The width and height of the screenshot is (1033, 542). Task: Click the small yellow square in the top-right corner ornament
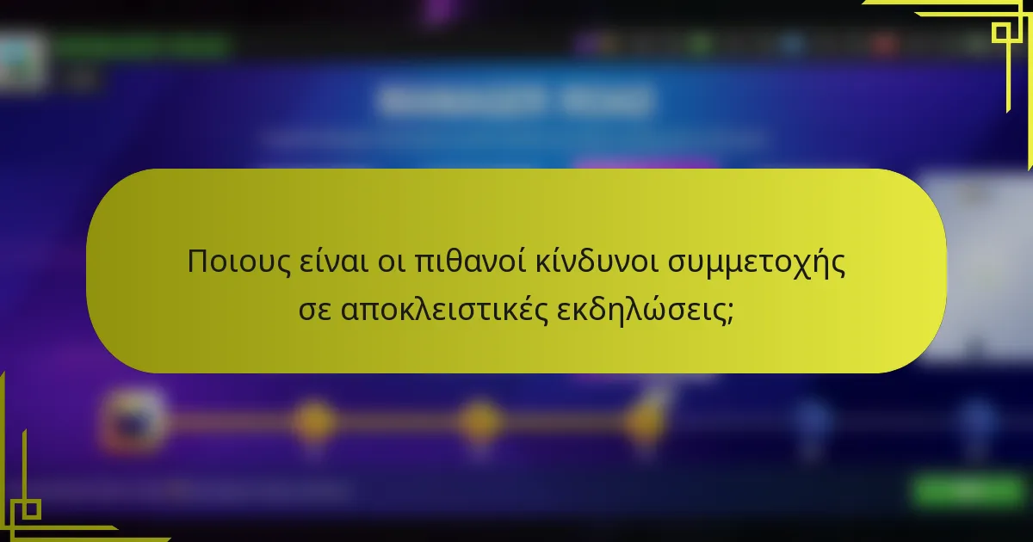pyautogui.click(x=1001, y=33)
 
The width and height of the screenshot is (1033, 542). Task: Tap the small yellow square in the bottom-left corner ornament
pyautogui.click(x=31, y=509)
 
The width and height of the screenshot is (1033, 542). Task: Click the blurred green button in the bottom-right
pyautogui.click(x=968, y=491)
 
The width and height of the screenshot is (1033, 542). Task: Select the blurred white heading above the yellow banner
pyautogui.click(x=515, y=101)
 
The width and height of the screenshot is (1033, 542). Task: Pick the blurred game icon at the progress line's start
pyautogui.click(x=133, y=419)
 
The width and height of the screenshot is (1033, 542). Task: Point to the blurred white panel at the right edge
pyautogui.click(x=977, y=267)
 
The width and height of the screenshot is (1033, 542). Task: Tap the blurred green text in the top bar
pyautogui.click(x=142, y=45)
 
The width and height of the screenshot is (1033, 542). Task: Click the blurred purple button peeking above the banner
pyautogui.click(x=646, y=163)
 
